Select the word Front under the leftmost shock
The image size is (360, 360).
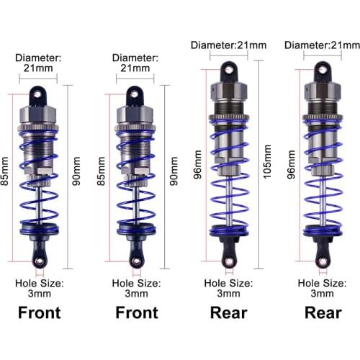coord(39,313)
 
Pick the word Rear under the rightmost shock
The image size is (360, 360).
coord(323,313)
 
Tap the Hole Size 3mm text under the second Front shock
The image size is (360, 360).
coord(137,288)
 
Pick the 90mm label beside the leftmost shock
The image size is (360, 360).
coord(75,173)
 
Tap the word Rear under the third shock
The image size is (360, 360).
coord(228,313)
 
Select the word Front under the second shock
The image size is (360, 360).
coord(137,313)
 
